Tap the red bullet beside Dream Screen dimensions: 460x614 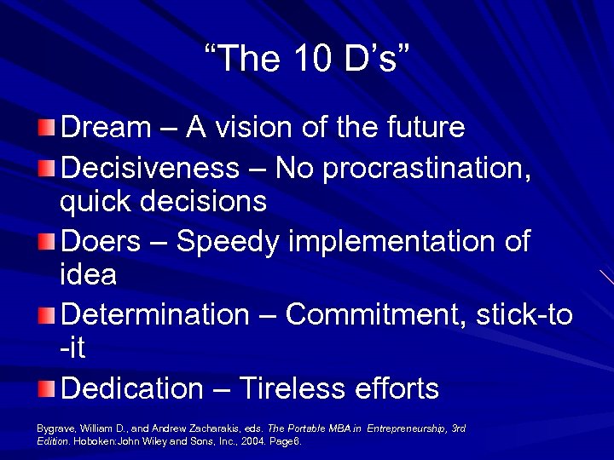pyautogui.click(x=47, y=129)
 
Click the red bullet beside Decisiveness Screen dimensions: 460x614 pyautogui.click(x=47, y=166)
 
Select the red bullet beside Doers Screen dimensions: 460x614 pyautogui.click(x=47, y=241)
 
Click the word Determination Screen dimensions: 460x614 pyautogui.click(x=154, y=314)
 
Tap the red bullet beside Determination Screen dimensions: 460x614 pyautogui.click(x=47, y=315)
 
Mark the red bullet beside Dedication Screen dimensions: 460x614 pyautogui.click(x=47, y=389)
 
